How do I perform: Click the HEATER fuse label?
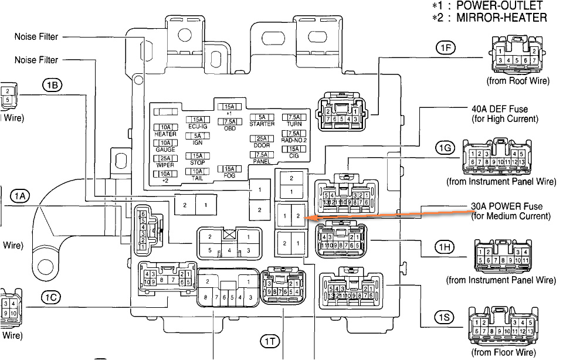165,134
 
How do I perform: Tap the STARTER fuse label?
262,124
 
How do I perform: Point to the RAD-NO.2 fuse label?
294,140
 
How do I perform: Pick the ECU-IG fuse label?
198,127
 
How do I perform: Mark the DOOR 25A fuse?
262,138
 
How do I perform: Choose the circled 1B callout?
51,85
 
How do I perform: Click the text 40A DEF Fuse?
499,109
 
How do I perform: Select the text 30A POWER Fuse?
507,206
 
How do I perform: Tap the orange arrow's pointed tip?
307,218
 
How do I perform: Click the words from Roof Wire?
513,81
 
